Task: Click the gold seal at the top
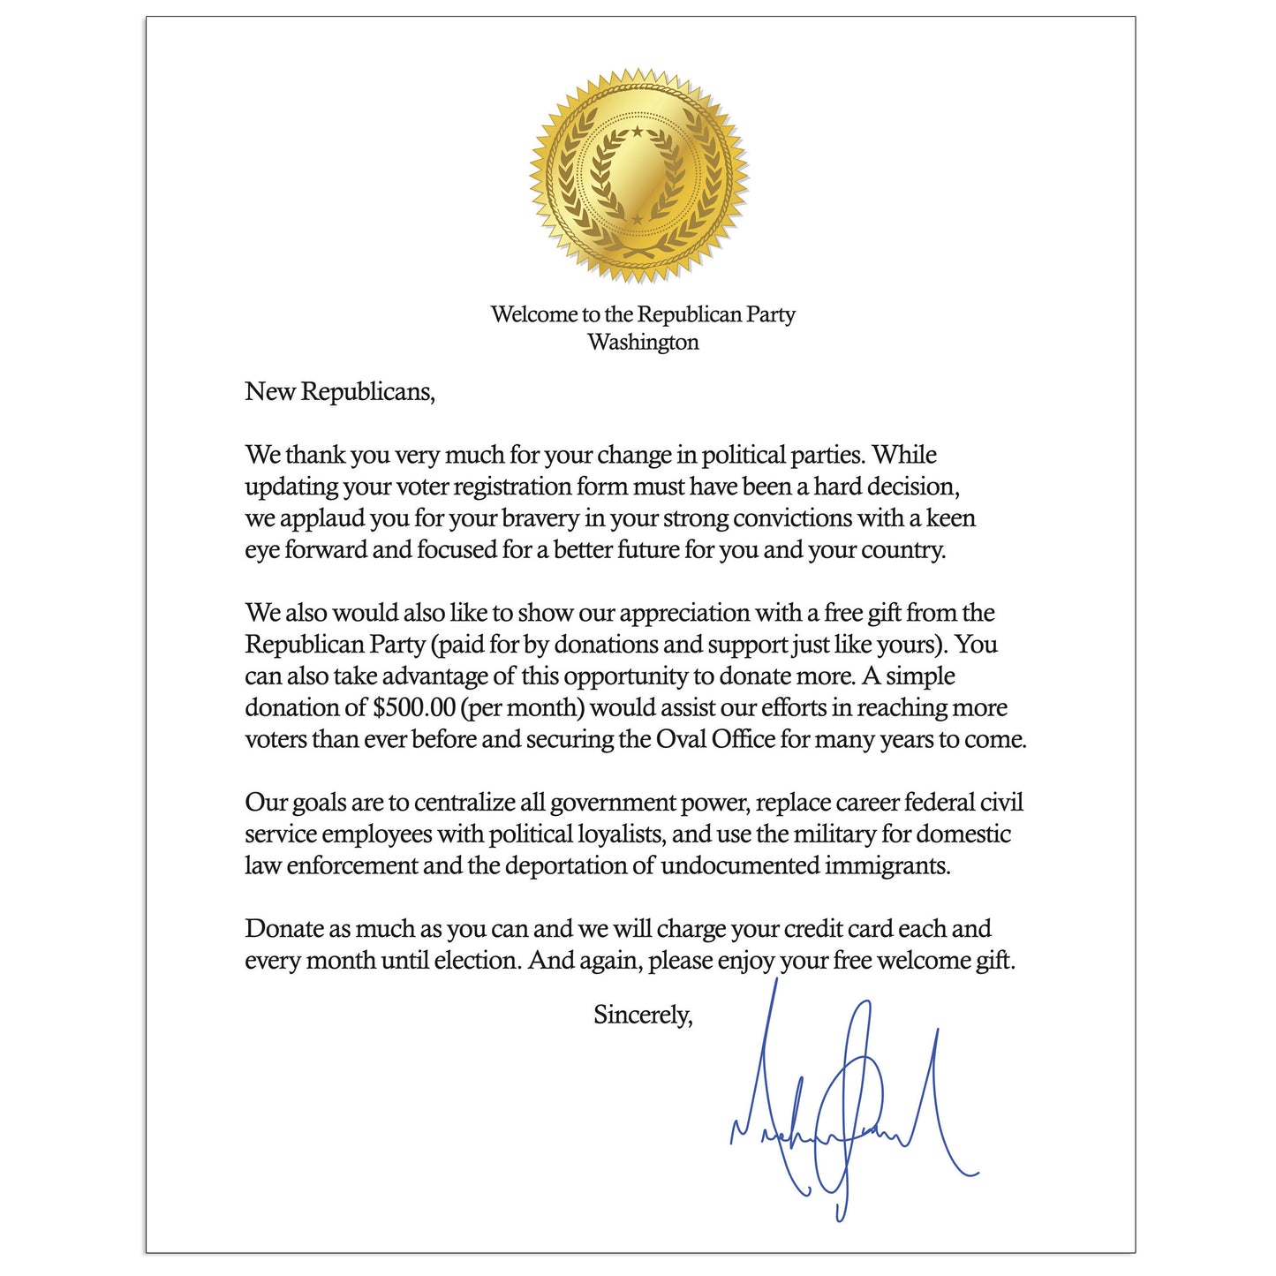(638, 176)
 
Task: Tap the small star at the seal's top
(638, 132)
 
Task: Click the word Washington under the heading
(643, 343)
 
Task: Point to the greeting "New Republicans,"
(340, 391)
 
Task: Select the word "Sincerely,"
(643, 1015)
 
